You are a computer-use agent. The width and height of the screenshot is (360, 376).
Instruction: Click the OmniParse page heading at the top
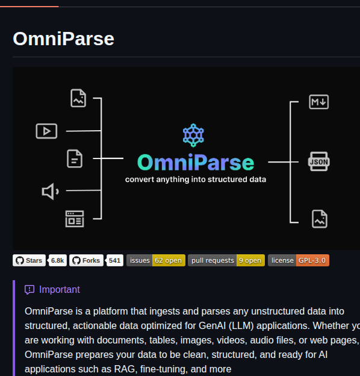coord(63,39)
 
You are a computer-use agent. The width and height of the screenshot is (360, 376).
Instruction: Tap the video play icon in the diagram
coord(46,131)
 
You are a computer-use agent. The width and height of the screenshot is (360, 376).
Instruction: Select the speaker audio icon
coord(51,192)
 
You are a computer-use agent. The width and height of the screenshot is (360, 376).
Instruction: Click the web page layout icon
coord(75,219)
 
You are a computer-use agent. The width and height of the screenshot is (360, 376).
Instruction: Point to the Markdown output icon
coord(319,102)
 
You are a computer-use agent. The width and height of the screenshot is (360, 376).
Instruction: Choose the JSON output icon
coord(319,161)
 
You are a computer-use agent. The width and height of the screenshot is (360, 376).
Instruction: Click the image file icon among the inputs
coord(78,98)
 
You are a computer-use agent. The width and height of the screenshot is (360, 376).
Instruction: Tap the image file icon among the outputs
coord(320,219)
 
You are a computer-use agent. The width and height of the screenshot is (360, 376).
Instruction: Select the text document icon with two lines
coord(75,158)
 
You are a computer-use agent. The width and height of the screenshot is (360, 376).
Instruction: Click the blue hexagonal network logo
coord(193,135)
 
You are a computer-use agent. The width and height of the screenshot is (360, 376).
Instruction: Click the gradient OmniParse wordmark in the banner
coord(196,162)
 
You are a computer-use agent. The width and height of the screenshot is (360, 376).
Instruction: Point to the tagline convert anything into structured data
coord(196,180)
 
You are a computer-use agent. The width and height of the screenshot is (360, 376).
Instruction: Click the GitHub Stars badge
coord(29,260)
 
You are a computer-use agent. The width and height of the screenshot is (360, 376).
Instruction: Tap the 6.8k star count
coord(57,260)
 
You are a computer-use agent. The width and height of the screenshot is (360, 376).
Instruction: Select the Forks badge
coord(87,260)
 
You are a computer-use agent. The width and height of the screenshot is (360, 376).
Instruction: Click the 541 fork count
coord(114,260)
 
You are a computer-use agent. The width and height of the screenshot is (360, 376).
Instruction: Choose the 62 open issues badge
coord(156,260)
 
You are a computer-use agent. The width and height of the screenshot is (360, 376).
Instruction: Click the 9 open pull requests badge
coord(226,260)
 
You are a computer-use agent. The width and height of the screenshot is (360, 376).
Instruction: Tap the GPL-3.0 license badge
coord(299,260)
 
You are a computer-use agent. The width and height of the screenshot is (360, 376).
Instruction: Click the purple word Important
coord(60,290)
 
